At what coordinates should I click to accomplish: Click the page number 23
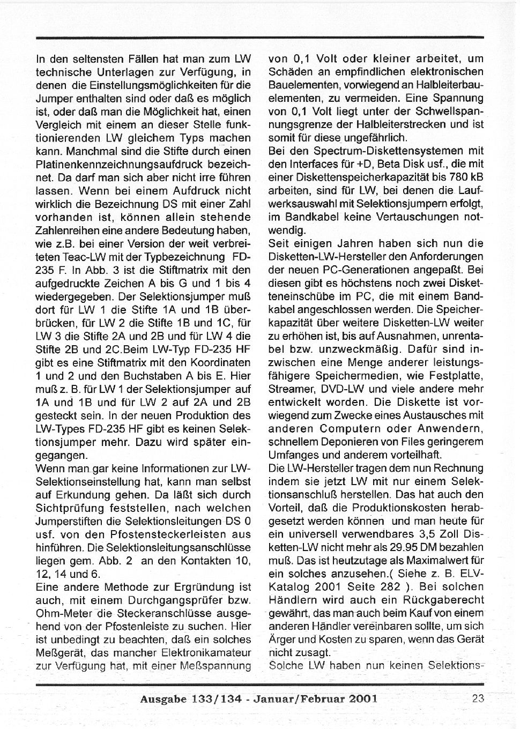[x=479, y=698]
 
